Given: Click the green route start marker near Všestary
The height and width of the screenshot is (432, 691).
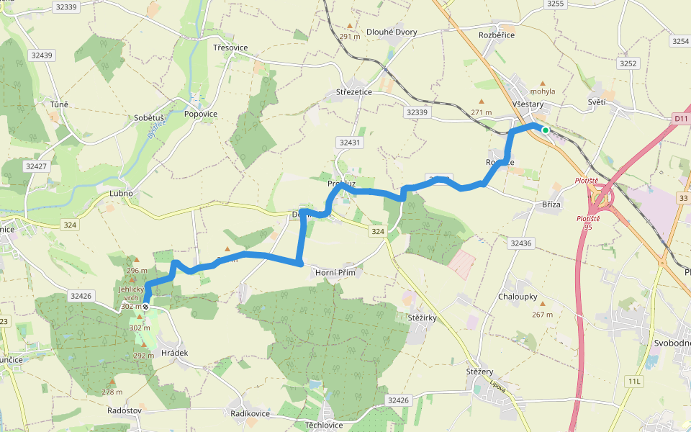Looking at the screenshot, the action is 546,130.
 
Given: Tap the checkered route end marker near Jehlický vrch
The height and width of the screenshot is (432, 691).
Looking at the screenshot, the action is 145,307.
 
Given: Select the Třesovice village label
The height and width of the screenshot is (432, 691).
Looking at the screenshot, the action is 230,48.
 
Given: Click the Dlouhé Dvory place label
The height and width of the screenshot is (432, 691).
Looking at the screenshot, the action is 392,32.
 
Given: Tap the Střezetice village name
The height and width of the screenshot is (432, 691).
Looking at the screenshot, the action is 354,92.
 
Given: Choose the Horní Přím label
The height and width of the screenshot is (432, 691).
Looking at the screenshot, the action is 335,273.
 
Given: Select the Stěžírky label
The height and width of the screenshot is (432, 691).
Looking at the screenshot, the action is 422,317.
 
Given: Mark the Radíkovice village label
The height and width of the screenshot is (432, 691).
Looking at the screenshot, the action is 250,413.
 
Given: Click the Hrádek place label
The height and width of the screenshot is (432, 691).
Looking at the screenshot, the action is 175,353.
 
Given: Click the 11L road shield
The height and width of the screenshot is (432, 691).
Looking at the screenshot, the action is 633,380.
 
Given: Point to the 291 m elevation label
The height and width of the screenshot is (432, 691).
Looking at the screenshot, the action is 349,37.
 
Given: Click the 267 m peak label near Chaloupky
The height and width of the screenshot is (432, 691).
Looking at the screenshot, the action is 542,314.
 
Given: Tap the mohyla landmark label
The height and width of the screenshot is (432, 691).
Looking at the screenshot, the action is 543,92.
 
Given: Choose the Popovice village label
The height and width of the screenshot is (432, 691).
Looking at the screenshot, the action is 201,114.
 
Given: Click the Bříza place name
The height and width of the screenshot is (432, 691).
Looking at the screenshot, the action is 551,205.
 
